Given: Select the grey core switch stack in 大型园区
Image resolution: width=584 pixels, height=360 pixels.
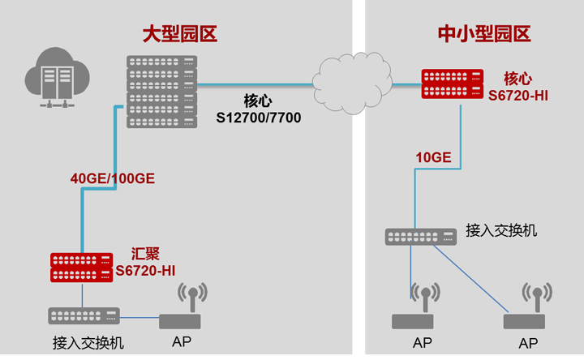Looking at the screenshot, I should (x=162, y=91).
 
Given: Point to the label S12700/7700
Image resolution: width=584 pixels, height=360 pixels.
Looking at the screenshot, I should (x=258, y=118).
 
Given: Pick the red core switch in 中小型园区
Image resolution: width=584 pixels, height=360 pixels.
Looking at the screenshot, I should (x=452, y=84).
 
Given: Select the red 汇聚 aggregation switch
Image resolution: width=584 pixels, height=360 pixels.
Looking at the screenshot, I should (x=82, y=268).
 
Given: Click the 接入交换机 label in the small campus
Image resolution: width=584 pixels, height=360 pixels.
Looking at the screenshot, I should (x=501, y=230).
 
